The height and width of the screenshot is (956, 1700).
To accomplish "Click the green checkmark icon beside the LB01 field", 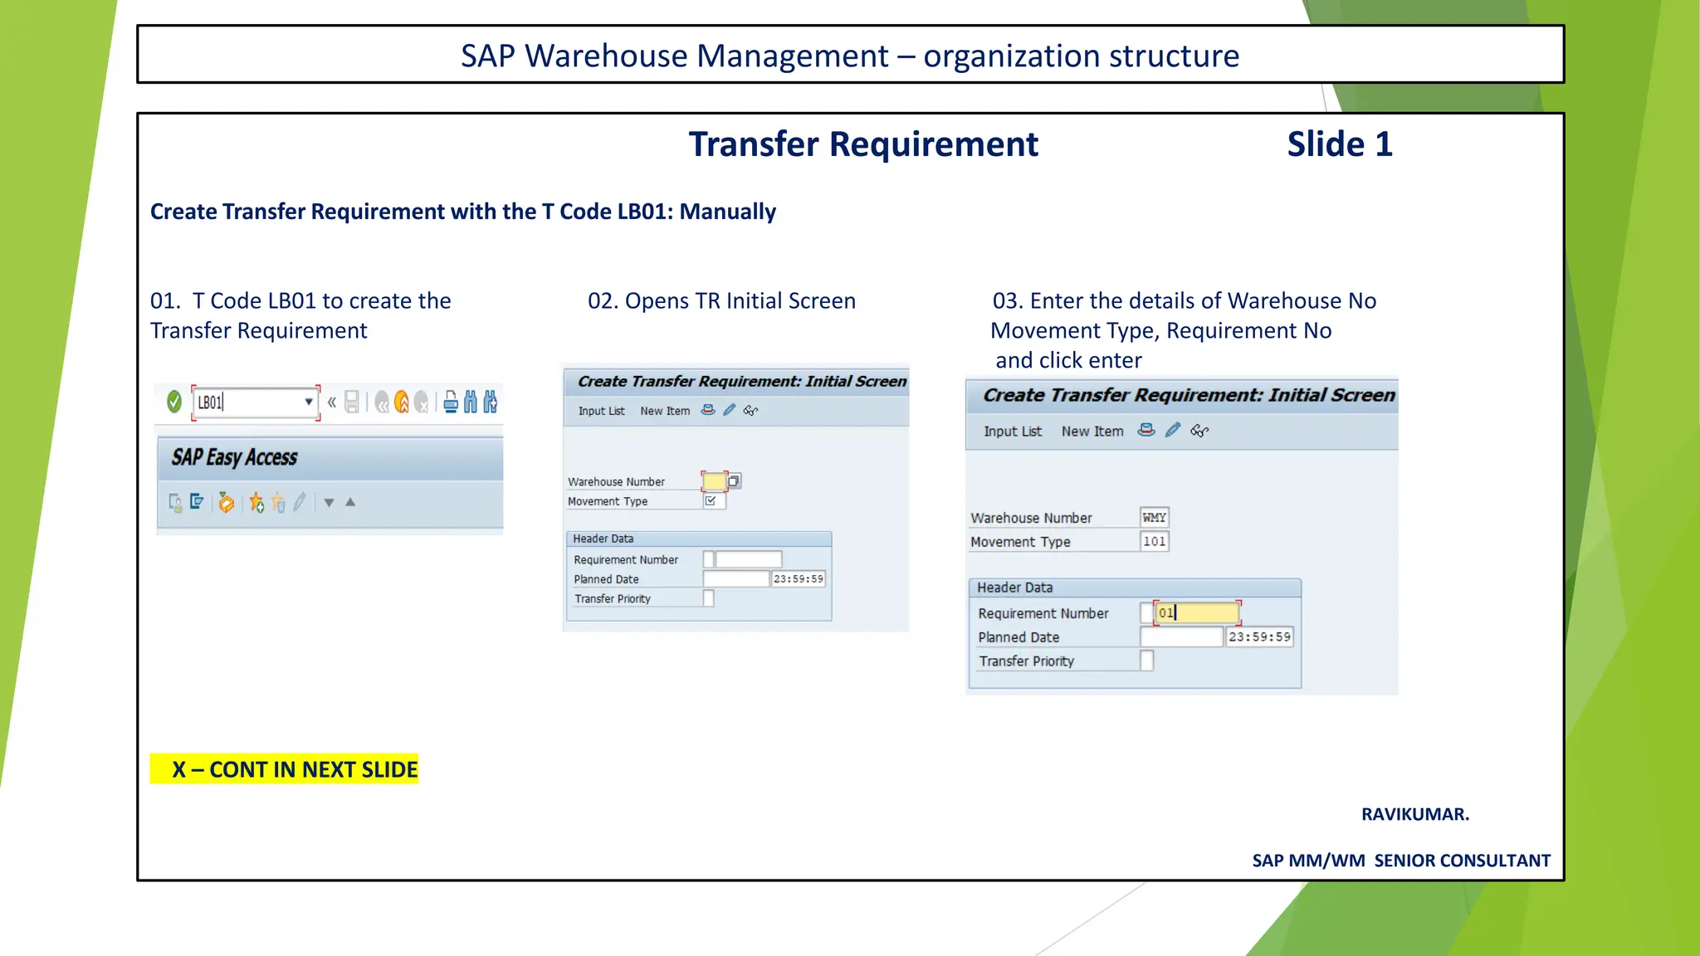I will (x=174, y=402).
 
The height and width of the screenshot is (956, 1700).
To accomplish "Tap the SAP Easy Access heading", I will (x=235, y=457).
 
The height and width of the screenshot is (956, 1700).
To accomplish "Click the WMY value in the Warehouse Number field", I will (x=1154, y=517).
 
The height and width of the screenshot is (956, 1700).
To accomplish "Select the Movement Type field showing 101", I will (x=1154, y=541).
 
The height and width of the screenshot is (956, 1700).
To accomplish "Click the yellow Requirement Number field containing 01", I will (x=1196, y=612).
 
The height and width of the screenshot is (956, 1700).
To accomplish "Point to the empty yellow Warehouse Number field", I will (x=713, y=480).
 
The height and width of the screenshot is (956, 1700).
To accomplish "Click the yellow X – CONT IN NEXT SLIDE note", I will (x=284, y=769).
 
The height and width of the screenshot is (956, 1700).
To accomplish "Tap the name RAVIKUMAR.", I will (x=1414, y=814).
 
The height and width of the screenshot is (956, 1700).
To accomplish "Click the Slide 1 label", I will (x=1339, y=144).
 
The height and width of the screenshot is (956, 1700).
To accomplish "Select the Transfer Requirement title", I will (x=862, y=144).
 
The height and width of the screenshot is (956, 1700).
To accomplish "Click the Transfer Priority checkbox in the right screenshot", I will (x=1146, y=661).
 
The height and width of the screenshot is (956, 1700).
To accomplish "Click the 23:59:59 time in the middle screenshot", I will (x=798, y=578).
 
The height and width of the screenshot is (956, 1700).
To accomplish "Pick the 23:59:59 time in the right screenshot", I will (x=1259, y=637).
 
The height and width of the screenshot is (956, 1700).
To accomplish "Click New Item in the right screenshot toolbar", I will (x=1092, y=432).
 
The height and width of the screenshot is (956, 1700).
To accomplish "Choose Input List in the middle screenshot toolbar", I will (x=601, y=411).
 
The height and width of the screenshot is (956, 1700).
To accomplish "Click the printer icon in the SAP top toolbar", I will (x=451, y=402).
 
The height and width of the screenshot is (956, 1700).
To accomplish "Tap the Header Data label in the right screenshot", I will (x=1014, y=588).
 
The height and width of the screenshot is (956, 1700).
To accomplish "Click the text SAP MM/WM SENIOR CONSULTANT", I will (x=1400, y=861).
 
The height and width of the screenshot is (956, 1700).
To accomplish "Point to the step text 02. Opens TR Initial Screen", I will (x=721, y=300).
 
